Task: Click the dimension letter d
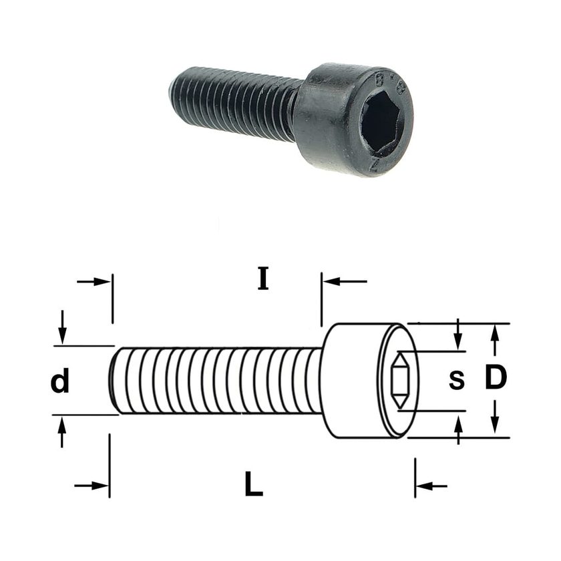point(59,382)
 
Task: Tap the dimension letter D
point(496,377)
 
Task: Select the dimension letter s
point(457,380)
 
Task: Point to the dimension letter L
point(254,484)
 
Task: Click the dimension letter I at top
point(263,278)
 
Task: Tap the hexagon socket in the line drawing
point(399,380)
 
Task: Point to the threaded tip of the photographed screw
point(172,89)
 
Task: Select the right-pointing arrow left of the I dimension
point(93,282)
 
